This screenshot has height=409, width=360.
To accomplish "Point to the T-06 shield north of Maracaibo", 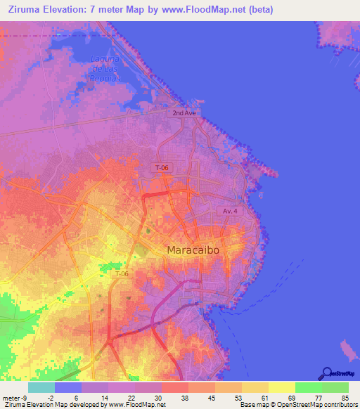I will [162, 167].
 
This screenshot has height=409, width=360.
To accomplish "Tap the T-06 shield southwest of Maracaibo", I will [122, 273].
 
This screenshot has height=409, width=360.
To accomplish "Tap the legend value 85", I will [344, 397].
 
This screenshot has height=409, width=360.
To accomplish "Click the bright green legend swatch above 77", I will [309, 387].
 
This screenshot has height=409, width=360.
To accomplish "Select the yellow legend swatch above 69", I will [282, 387].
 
